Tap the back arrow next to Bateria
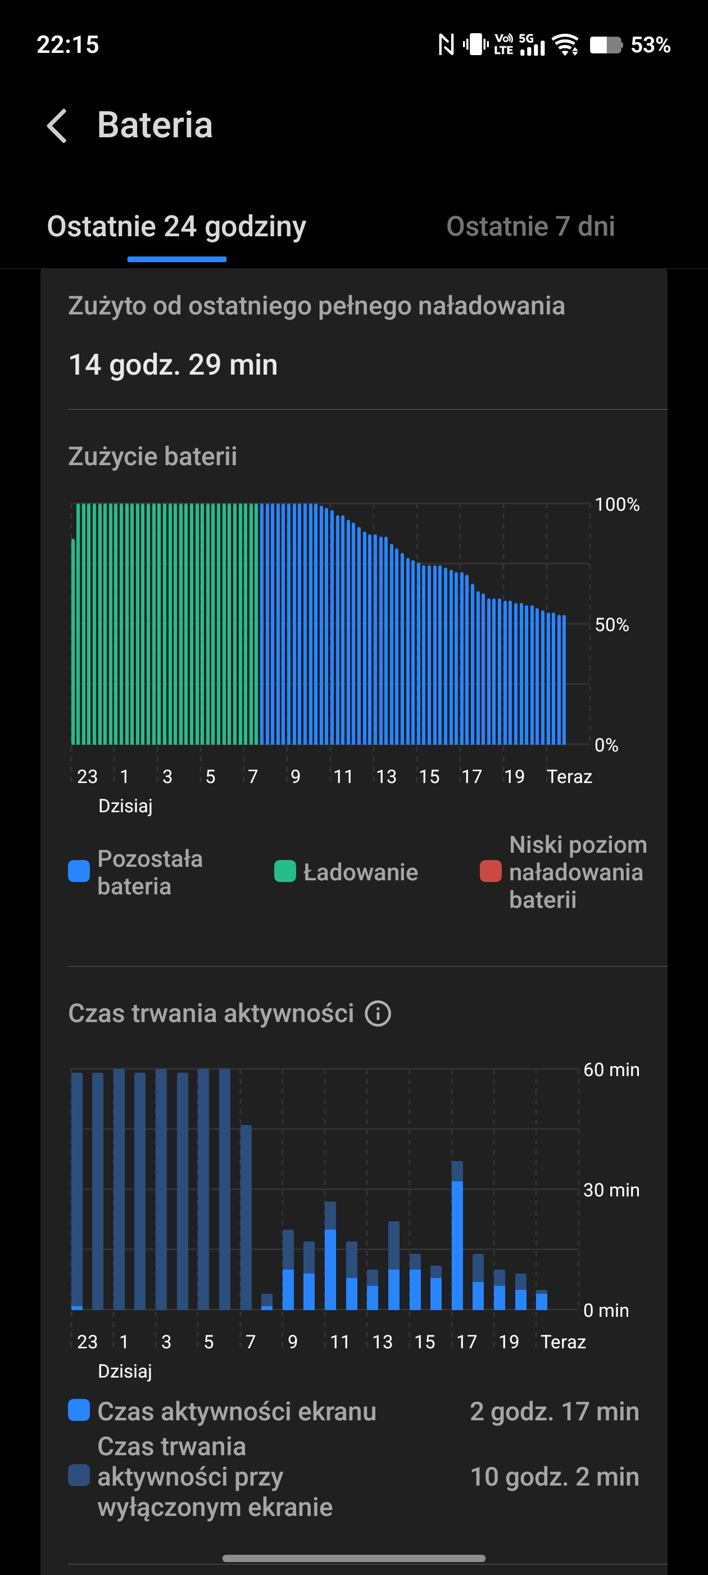(57, 126)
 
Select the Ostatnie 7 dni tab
(530, 226)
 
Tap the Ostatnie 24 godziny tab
(176, 226)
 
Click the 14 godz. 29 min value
(173, 364)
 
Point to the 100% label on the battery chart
(617, 505)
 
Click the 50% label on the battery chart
(611, 625)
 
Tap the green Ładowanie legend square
(285, 871)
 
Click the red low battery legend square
(491, 871)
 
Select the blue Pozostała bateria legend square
(79, 871)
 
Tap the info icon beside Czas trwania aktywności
(378, 1013)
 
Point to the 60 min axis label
(611, 1069)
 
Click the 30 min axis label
(611, 1190)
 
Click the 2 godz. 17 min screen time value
(554, 1412)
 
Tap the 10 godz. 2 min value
(554, 1477)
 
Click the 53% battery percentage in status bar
(650, 44)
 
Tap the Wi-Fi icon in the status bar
(565, 44)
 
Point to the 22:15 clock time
(68, 44)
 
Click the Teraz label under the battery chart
(569, 776)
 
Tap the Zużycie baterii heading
(153, 456)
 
